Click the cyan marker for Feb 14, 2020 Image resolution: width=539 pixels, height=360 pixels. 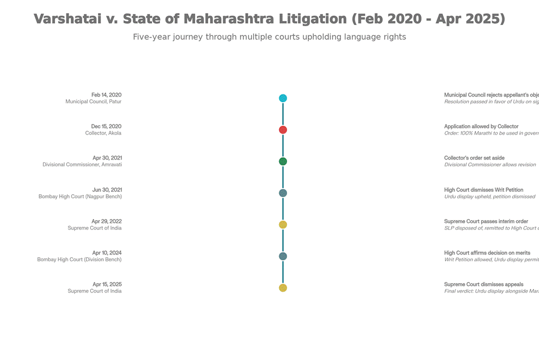[x=283, y=98]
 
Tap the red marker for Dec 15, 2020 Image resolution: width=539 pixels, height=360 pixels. [x=283, y=130]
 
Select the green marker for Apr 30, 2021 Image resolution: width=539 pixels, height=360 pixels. [x=283, y=161]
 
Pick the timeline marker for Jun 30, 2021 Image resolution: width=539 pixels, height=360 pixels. [x=283, y=193]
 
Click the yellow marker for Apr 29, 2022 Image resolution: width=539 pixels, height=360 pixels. [x=283, y=225]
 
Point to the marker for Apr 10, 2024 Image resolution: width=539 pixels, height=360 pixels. [x=283, y=256]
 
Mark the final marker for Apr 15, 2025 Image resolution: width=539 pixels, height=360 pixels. [x=283, y=288]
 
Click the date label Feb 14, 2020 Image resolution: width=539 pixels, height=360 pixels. [x=106, y=95]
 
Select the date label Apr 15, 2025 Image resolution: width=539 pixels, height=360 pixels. [x=107, y=284]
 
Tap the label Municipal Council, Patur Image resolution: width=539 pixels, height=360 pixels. [x=93, y=102]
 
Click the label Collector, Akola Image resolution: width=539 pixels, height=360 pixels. [x=99, y=133]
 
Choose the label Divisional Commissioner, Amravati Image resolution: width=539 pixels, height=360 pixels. [x=82, y=165]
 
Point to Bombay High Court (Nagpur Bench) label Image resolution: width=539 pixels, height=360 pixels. [x=80, y=196]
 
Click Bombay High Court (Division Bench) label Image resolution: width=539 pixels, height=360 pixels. [x=79, y=259]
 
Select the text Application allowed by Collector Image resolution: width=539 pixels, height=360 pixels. [x=481, y=127]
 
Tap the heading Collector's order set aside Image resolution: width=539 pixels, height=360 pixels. [x=474, y=158]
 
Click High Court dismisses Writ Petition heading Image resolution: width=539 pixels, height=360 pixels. [x=483, y=190]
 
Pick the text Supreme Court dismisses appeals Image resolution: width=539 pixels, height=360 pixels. [x=483, y=284]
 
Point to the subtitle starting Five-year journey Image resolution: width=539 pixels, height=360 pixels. [x=269, y=37]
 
